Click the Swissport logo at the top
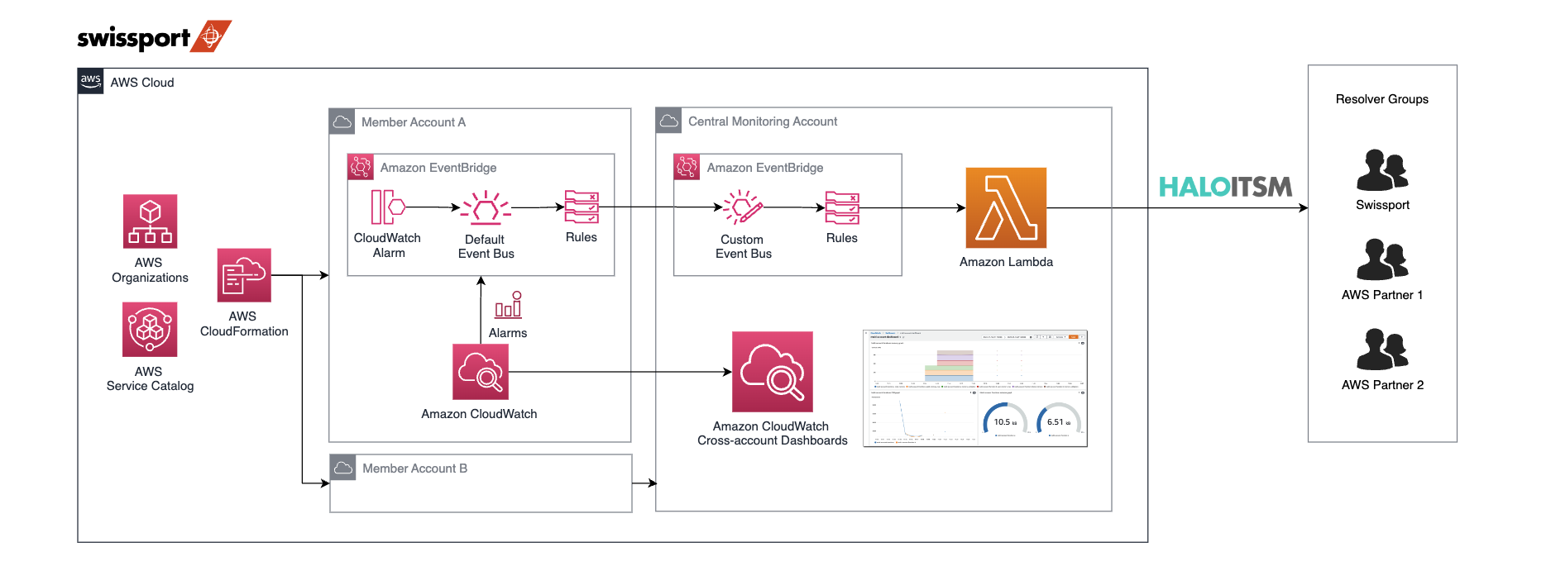pyautogui.click(x=154, y=37)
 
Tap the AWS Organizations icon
pyautogui.click(x=150, y=221)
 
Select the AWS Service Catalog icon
pyautogui.click(x=150, y=329)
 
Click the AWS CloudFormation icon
pyautogui.click(x=244, y=275)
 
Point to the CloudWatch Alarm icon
pyautogui.click(x=387, y=207)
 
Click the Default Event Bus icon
pyautogui.click(x=486, y=208)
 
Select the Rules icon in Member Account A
pyautogui.click(x=582, y=207)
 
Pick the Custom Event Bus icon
pyautogui.click(x=743, y=207)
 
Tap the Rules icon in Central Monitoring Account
pyautogui.click(x=842, y=208)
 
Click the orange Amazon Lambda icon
pyautogui.click(x=1006, y=208)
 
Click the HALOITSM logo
pyautogui.click(x=1225, y=187)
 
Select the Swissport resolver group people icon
pyautogui.click(x=1381, y=170)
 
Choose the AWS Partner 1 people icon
pyautogui.click(x=1381, y=259)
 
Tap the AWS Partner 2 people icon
pyautogui.click(x=1381, y=350)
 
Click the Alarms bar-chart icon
pyautogui.click(x=508, y=305)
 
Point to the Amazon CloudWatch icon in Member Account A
pyautogui.click(x=481, y=372)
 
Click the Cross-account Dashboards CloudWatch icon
pyautogui.click(x=772, y=372)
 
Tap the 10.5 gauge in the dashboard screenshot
pyautogui.click(x=1004, y=420)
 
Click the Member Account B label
pyautogui.click(x=414, y=468)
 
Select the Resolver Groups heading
pyautogui.click(x=1381, y=99)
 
